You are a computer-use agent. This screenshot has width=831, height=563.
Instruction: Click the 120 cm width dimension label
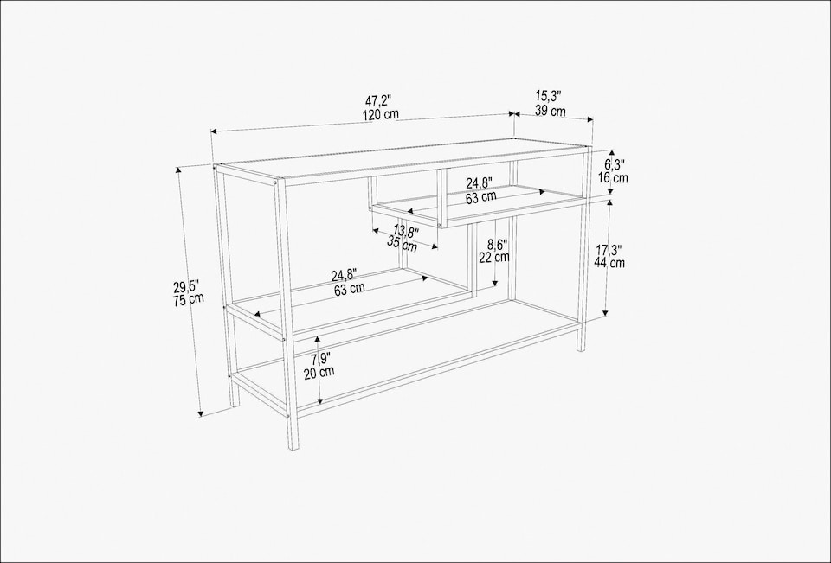pos(381,115)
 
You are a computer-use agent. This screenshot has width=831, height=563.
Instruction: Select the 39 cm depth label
pos(550,111)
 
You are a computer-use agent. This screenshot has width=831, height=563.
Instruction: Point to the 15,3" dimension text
pos(549,97)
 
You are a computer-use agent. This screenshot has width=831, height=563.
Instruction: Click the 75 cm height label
pos(189,299)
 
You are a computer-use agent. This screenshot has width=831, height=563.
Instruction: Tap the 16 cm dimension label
pos(614,178)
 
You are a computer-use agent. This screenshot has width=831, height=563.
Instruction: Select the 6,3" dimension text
pos(614,164)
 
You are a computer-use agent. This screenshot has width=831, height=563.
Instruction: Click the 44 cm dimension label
pos(610,263)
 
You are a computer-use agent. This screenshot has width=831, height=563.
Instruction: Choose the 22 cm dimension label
pos(494,258)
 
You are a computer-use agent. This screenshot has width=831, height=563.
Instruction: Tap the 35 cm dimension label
pos(403,245)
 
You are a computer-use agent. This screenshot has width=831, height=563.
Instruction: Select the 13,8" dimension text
pos(405,232)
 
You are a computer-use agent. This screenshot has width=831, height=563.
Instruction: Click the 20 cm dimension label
pos(319,372)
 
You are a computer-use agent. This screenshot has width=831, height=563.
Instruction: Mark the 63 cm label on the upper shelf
pos(481,196)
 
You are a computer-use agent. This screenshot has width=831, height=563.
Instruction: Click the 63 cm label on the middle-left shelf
pos(350,290)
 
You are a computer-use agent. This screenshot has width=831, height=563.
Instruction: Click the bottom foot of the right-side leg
pos(581,348)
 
